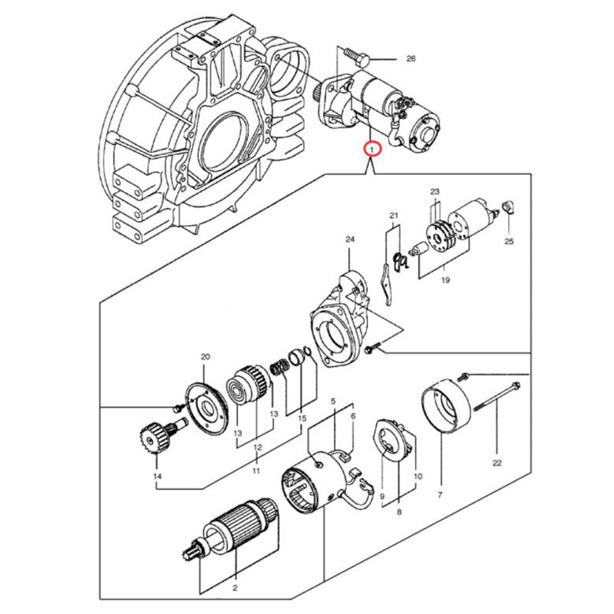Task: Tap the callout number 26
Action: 410,59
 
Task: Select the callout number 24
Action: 350,240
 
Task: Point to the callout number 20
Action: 205,357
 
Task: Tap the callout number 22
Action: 497,462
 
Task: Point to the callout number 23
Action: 434,192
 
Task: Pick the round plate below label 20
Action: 203,407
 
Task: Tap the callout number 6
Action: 353,417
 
